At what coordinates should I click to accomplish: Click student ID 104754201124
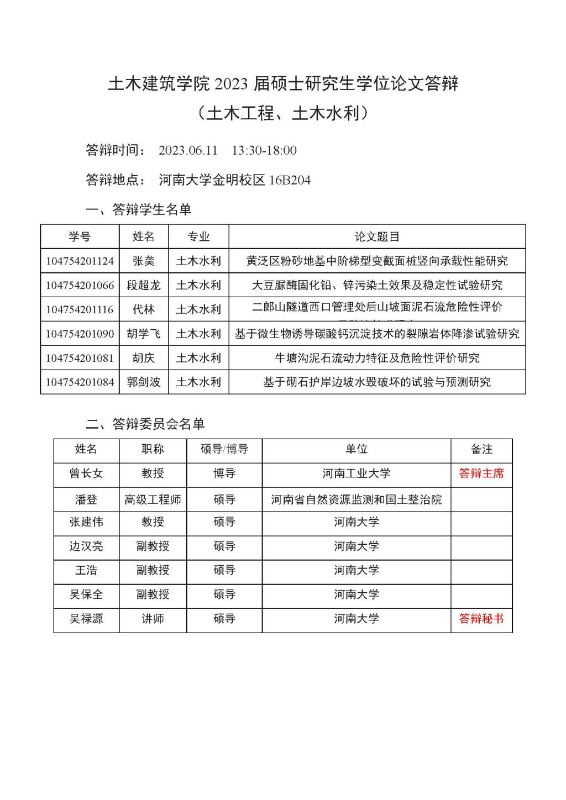click(80, 261)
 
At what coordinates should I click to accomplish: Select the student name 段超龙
click(143, 285)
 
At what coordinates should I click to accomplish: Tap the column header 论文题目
click(377, 237)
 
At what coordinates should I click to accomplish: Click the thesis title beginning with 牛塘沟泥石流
click(377, 358)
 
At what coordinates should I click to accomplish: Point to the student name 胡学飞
click(143, 334)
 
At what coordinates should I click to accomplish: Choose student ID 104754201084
click(80, 382)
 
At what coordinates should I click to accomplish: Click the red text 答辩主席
click(481, 473)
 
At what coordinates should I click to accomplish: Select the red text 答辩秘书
click(481, 619)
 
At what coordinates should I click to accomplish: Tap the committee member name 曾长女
click(86, 473)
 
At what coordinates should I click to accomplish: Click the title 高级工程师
click(153, 499)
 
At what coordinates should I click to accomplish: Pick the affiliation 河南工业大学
click(356, 473)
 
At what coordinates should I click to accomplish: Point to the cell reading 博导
click(224, 473)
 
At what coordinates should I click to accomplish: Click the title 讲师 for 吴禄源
click(153, 619)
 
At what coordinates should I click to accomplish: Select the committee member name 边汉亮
click(86, 546)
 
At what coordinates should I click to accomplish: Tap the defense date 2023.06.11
click(188, 150)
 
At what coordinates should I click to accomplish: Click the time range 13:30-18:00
click(264, 150)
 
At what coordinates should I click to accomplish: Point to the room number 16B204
click(290, 180)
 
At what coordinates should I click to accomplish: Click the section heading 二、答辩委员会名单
click(145, 424)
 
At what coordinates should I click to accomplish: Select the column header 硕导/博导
click(224, 449)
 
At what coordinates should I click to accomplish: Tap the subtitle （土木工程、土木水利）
click(282, 113)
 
